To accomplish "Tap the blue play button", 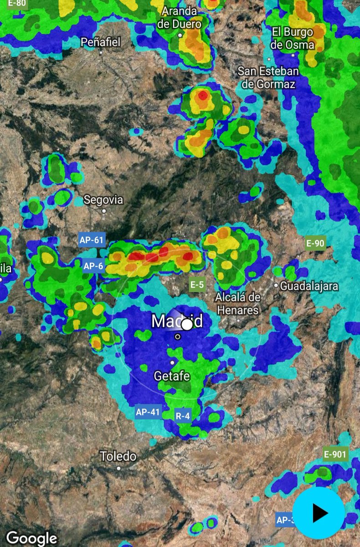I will coord(319,513).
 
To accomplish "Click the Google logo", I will coord(31,538).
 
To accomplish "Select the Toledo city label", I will coord(118,456).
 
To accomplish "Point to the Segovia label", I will coord(103,200).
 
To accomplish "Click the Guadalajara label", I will coord(309,286).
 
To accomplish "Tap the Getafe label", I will coord(172,377).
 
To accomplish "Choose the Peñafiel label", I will coord(101,42).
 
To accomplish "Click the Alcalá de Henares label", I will coord(237,304).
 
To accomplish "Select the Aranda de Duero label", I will coord(180,18).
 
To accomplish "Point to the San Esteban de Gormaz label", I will coord(268,77).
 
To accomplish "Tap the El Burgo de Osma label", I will coord(293,38).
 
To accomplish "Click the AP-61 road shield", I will coord(92,240).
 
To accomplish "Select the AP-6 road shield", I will coord(93,266).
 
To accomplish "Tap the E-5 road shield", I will coord(197,285).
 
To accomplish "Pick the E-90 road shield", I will coord(315,243).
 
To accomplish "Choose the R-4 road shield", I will coord(183,416).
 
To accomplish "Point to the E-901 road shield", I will coord(335,454).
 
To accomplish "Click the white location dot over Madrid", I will coord(187,325).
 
